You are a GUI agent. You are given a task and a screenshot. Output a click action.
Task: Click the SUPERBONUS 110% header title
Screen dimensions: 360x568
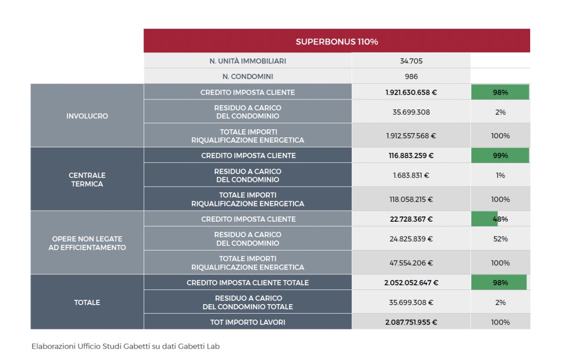(x=337, y=41)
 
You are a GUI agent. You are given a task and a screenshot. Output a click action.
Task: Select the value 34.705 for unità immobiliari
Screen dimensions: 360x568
(x=411, y=61)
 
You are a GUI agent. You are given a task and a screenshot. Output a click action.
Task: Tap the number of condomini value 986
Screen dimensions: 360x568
(x=411, y=76)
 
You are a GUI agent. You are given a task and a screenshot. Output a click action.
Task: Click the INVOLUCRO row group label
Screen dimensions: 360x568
(x=87, y=116)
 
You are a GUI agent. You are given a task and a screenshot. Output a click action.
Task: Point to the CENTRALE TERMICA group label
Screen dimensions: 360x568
(x=87, y=180)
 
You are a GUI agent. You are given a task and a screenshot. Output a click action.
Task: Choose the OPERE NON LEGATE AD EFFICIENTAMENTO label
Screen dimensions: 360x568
(x=87, y=243)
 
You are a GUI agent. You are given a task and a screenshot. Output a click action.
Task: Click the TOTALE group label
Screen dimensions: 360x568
(x=87, y=302)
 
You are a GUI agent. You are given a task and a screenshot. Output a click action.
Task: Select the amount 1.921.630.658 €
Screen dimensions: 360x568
(x=411, y=92)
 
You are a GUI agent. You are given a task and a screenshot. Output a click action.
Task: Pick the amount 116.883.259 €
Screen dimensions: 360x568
(x=411, y=155)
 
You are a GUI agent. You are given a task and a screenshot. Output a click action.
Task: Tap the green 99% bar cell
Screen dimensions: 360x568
(x=500, y=155)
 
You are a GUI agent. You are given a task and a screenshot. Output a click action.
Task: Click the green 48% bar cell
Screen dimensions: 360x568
(x=500, y=219)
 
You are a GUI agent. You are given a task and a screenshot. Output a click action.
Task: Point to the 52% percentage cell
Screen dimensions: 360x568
(x=500, y=239)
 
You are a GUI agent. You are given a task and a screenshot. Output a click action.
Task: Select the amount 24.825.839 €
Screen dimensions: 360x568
(x=411, y=239)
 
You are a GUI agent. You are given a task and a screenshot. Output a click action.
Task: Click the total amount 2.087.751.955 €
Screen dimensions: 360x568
(x=411, y=322)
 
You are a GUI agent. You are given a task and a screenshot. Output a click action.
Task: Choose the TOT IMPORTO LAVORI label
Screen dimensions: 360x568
(x=248, y=322)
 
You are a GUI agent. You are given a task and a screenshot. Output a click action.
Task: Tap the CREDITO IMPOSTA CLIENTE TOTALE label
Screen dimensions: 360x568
(x=248, y=282)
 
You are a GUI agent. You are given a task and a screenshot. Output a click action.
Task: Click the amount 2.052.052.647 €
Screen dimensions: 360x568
(x=411, y=282)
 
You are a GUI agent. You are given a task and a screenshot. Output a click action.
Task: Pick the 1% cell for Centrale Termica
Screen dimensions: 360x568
(x=500, y=175)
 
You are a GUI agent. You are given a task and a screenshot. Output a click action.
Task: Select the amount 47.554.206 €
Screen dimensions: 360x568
(x=411, y=263)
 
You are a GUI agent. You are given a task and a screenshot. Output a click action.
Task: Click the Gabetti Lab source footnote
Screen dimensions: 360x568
(x=125, y=346)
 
